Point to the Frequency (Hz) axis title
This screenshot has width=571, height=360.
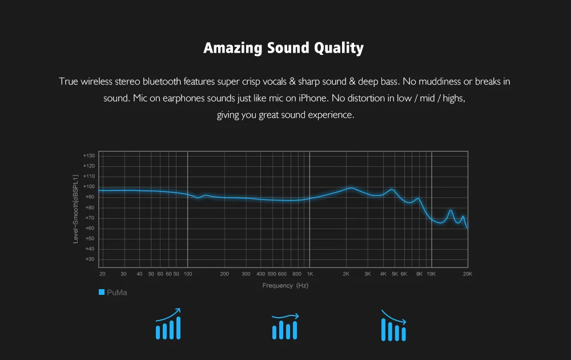285,285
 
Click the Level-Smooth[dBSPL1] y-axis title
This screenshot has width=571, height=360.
75,209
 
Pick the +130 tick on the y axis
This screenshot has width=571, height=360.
89,155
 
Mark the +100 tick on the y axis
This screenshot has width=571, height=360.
89,186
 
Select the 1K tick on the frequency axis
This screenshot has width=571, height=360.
309,274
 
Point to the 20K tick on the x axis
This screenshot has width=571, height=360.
467,274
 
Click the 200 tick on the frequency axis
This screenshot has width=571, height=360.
224,274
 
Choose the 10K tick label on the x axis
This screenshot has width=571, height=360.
431,274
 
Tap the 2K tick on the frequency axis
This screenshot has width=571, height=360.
346,274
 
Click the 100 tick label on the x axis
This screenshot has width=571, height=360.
187,274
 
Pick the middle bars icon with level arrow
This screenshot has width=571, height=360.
285,326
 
